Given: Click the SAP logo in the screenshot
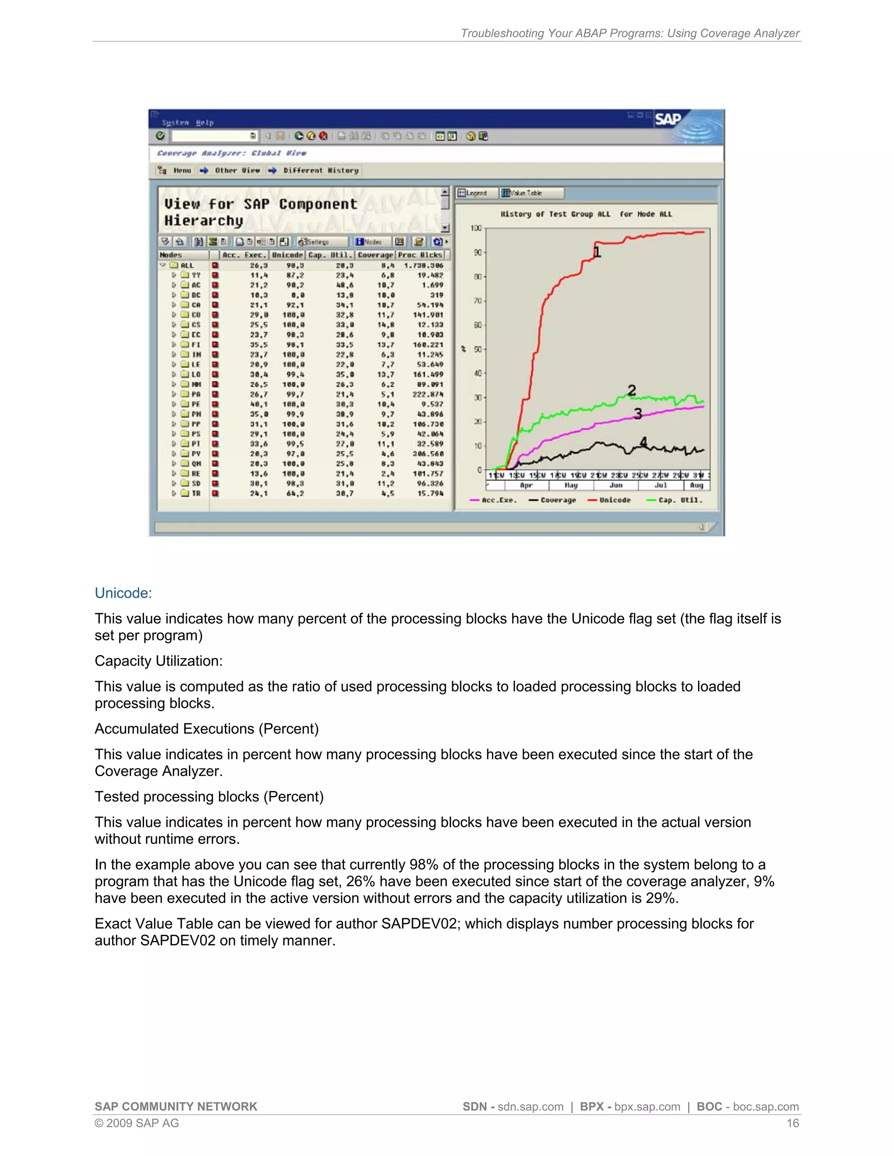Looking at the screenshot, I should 668,119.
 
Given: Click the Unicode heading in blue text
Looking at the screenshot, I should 123,593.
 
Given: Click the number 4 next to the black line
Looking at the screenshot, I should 643,442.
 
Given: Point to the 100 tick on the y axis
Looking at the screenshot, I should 476,228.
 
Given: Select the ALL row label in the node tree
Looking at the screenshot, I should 187,265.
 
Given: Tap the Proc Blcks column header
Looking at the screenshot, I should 420,255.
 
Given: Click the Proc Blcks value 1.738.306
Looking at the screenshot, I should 424,265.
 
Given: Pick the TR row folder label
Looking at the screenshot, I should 196,493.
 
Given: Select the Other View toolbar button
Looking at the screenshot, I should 237,171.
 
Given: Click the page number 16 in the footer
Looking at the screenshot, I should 792,1123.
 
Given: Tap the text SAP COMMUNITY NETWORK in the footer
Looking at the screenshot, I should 176,1106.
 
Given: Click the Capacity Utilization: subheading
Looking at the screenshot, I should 158,660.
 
